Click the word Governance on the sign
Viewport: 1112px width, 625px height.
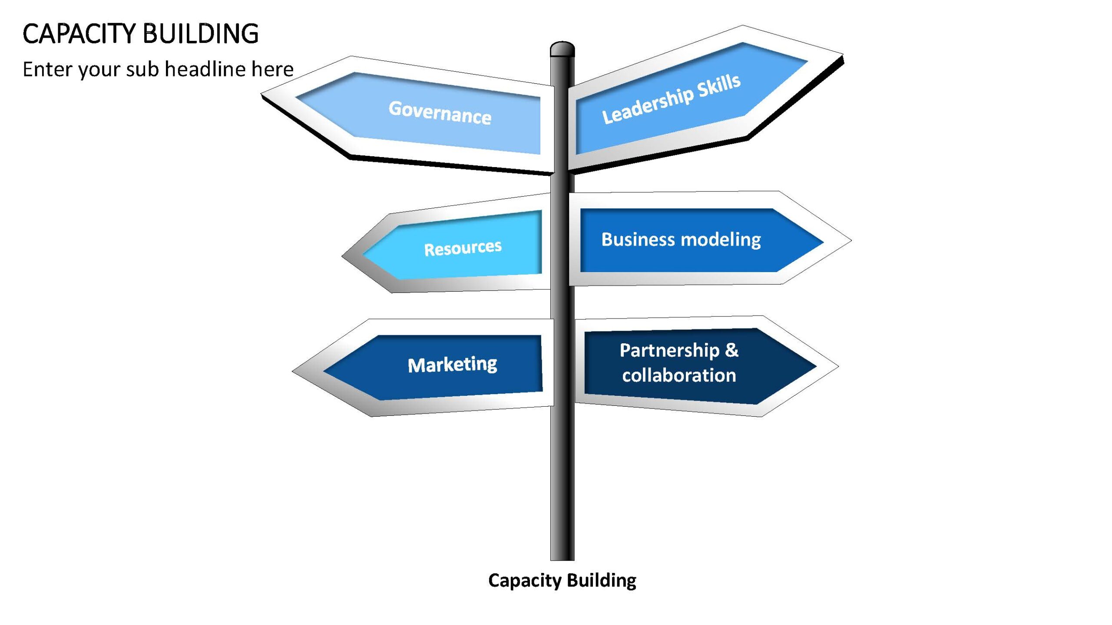pos(440,112)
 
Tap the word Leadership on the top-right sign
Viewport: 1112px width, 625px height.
pos(648,105)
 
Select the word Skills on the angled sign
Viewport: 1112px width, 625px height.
pos(719,86)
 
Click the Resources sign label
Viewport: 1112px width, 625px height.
pos(463,248)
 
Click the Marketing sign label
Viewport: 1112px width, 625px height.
pos(452,365)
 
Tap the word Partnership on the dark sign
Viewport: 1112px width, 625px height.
pos(669,351)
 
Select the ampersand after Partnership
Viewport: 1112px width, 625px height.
pos(732,350)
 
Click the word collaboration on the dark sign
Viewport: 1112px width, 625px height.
pos(679,375)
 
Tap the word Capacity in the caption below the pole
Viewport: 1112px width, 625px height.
pos(525,581)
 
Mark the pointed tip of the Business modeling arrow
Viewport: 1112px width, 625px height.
pos(851,240)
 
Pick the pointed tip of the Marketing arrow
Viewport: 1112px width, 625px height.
pos(293,372)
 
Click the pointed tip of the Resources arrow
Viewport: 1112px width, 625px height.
pos(342,256)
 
